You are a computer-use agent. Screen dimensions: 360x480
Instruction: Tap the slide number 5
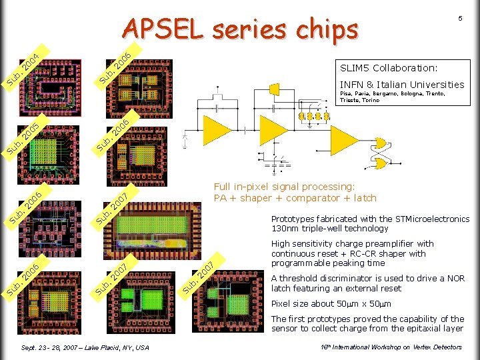(x=459, y=19)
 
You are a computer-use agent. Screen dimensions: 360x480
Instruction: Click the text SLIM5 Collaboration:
(x=389, y=68)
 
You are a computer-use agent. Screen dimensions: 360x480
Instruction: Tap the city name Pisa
(x=346, y=94)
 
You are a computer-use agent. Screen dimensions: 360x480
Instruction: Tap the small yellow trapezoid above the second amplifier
(x=274, y=89)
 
